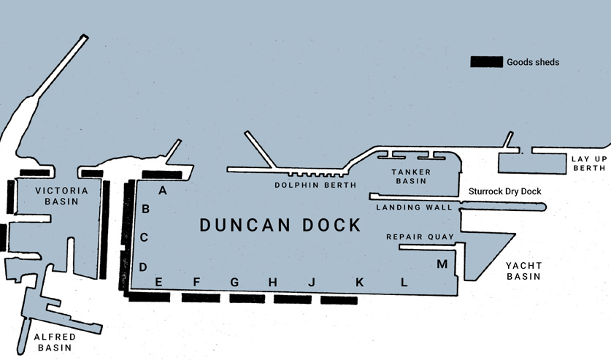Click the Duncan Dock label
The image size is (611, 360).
pyautogui.click(x=280, y=225)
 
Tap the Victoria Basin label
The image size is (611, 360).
pyautogui.click(x=61, y=196)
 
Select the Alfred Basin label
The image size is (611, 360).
pyautogui.click(x=55, y=342)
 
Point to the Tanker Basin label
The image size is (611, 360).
pyautogui.click(x=411, y=176)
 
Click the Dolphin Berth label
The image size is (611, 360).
pyautogui.click(x=315, y=185)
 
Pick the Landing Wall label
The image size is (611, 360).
pyautogui.click(x=414, y=207)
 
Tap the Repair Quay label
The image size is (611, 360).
pyautogui.click(x=420, y=237)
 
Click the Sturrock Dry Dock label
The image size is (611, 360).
pyautogui.click(x=504, y=191)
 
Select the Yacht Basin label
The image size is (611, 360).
pyautogui.click(x=523, y=271)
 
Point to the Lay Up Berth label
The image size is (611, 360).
pyautogui.click(x=589, y=164)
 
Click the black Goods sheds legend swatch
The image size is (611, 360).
pyautogui.click(x=486, y=62)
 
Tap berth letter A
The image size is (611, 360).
pyautogui.click(x=163, y=191)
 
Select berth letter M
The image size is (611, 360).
pyautogui.click(x=442, y=264)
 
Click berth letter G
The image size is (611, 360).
pyautogui.click(x=234, y=282)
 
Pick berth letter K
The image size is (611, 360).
pyautogui.click(x=359, y=282)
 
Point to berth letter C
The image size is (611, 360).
pyautogui.click(x=144, y=237)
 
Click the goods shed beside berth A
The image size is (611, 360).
pyautogui.click(x=162, y=175)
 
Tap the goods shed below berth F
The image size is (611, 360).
pyautogui.click(x=201, y=298)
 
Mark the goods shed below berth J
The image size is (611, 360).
pyautogui.click(x=339, y=300)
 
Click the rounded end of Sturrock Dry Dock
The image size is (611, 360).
pyautogui.click(x=542, y=207)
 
